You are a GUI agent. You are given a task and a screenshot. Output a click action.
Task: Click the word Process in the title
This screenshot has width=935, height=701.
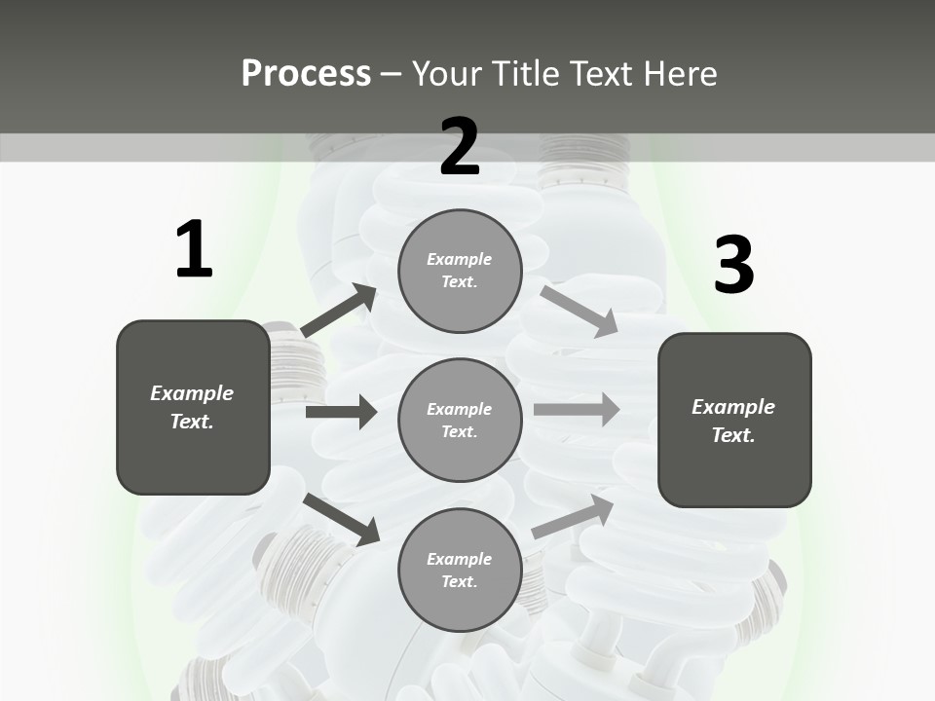pos(306,74)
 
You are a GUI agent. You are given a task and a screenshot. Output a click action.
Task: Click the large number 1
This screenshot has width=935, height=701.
pos(194,250)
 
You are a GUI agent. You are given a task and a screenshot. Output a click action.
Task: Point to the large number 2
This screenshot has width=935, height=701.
pos(460,147)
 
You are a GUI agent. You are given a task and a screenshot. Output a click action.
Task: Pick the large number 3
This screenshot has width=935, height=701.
pos(733,265)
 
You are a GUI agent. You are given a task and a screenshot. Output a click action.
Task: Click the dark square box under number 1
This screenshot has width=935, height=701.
pos(193,407)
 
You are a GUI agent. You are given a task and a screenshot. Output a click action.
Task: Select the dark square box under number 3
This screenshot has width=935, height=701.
pos(734,420)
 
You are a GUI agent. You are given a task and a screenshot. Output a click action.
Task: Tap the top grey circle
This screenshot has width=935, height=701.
pos(460,271)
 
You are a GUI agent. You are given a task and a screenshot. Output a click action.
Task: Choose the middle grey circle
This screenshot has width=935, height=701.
pos(460,420)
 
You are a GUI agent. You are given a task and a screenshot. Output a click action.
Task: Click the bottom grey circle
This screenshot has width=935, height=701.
pos(460,570)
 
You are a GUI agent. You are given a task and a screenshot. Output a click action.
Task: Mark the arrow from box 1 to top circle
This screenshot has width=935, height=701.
pos(339,311)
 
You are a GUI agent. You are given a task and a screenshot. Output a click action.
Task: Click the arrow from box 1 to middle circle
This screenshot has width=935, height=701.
pos(341,412)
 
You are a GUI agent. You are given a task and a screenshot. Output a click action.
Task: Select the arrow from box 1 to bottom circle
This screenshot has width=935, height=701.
pos(341,519)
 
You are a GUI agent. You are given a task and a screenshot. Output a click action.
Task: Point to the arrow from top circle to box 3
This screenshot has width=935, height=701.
pos(579,311)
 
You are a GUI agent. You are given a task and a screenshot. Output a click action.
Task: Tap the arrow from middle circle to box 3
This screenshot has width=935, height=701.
pos(577,410)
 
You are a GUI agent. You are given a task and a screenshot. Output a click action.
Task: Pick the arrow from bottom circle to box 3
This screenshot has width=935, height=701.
pos(574,517)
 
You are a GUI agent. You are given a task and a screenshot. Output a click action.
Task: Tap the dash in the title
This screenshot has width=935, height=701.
pos(392,74)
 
